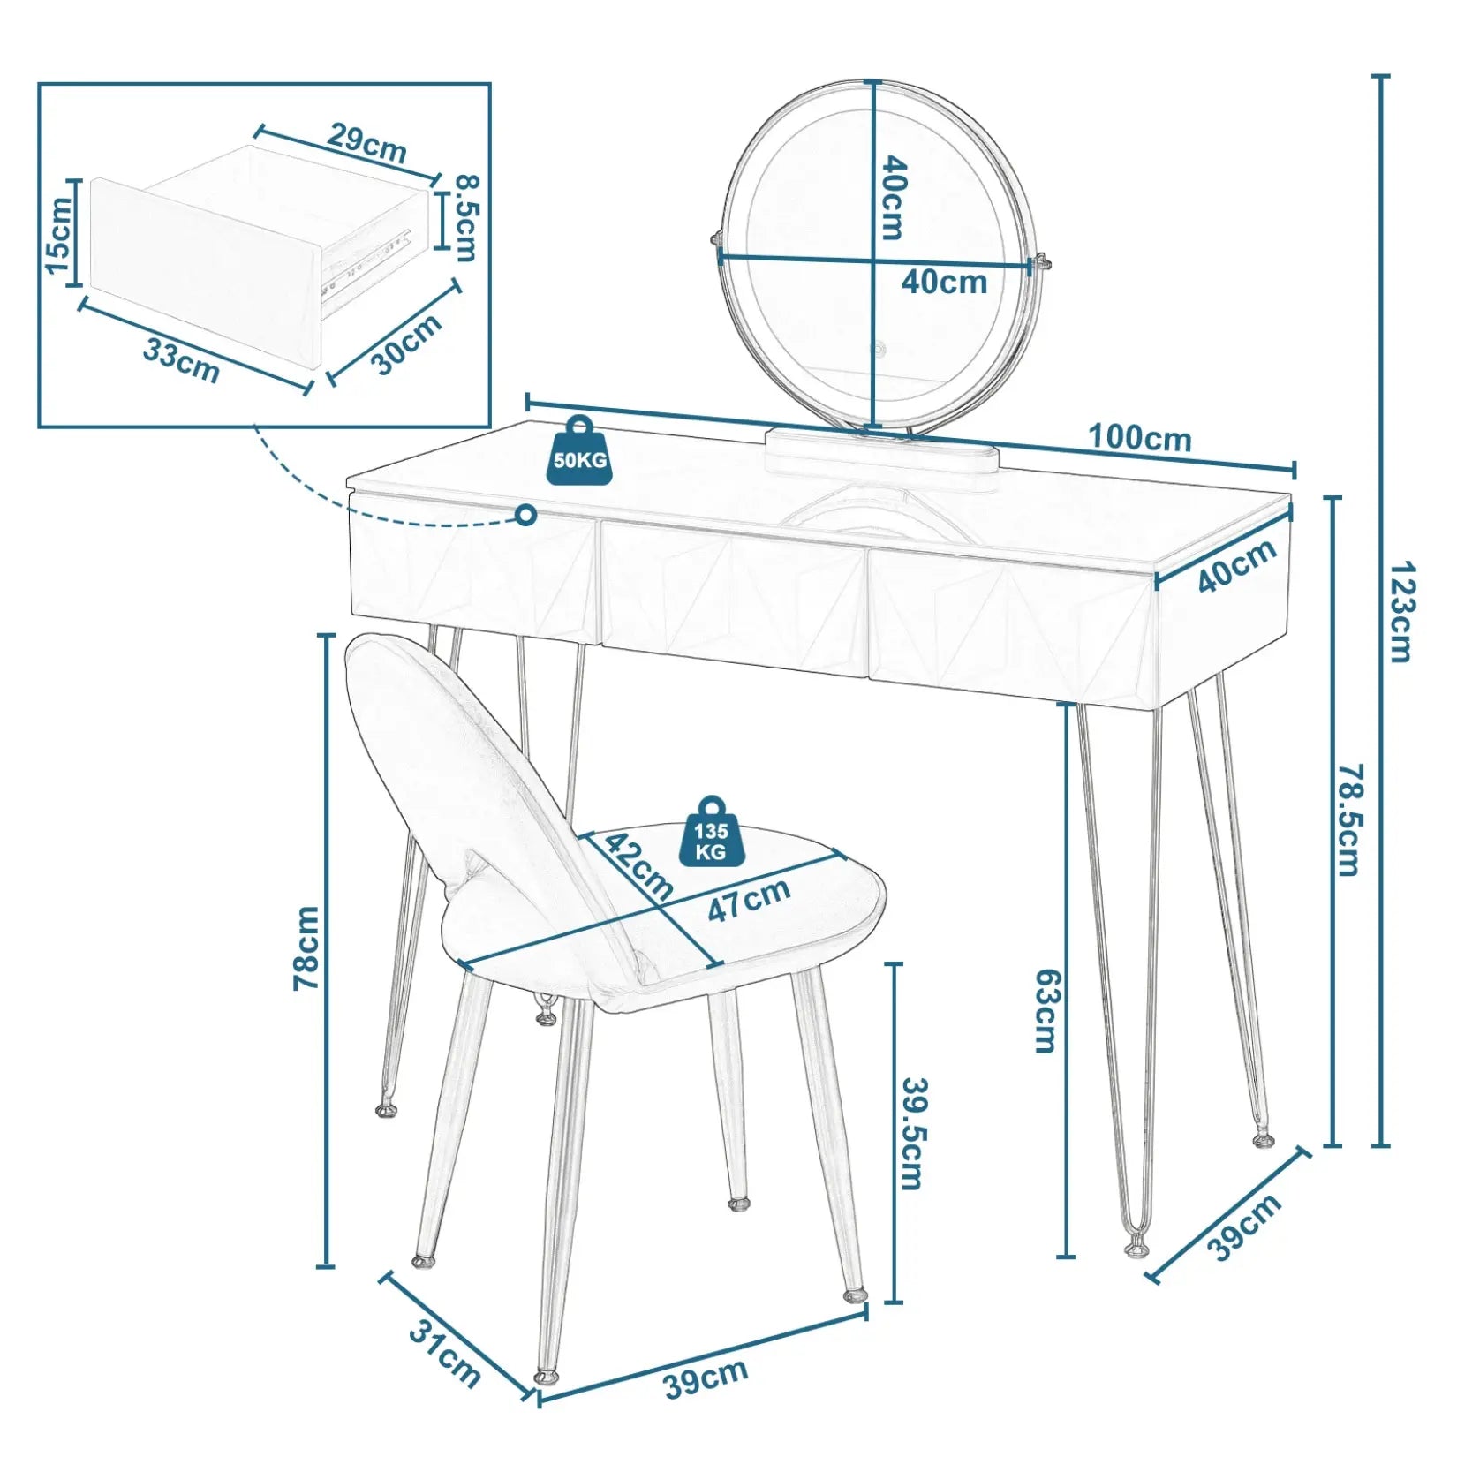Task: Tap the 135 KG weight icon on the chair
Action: tap(711, 834)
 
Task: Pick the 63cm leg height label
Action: tap(1046, 1010)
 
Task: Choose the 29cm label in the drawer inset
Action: tap(367, 143)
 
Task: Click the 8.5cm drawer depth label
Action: tap(465, 217)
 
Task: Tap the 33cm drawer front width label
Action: tap(181, 360)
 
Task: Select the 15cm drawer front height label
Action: tap(58, 235)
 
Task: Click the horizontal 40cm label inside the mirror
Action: tap(944, 282)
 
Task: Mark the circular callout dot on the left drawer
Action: tap(526, 514)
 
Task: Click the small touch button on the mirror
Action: tap(879, 347)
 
